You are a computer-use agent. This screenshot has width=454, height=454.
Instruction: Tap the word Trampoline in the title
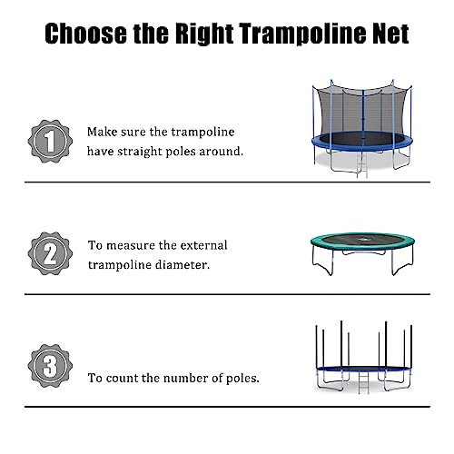(x=296, y=35)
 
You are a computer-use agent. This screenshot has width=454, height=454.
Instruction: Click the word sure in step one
(x=136, y=131)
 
